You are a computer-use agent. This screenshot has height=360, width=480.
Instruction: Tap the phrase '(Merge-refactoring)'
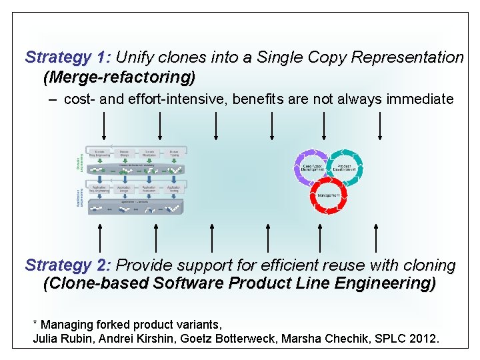pyautogui.click(x=119, y=77)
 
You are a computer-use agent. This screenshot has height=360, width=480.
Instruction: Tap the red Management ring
pyautogui.click(x=329, y=195)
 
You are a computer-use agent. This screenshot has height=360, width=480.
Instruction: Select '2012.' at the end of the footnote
pyautogui.click(x=425, y=339)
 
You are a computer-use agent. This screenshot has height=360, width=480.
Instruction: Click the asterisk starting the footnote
pyautogui.click(x=35, y=324)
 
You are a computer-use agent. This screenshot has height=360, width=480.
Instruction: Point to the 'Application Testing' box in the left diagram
pyautogui.click(x=173, y=189)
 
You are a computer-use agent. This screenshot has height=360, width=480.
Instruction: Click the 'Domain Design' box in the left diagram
pyautogui.click(x=124, y=153)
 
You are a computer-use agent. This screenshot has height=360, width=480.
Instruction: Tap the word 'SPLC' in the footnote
pyautogui.click(x=392, y=339)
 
